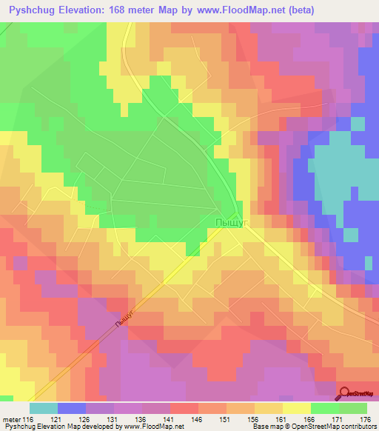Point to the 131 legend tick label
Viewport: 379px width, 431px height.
coord(115,420)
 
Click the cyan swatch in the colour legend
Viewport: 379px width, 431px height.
coord(44,408)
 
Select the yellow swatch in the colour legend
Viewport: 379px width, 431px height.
coord(297,408)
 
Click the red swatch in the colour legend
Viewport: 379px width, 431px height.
coord(184,408)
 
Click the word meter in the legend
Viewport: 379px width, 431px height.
coord(11,420)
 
